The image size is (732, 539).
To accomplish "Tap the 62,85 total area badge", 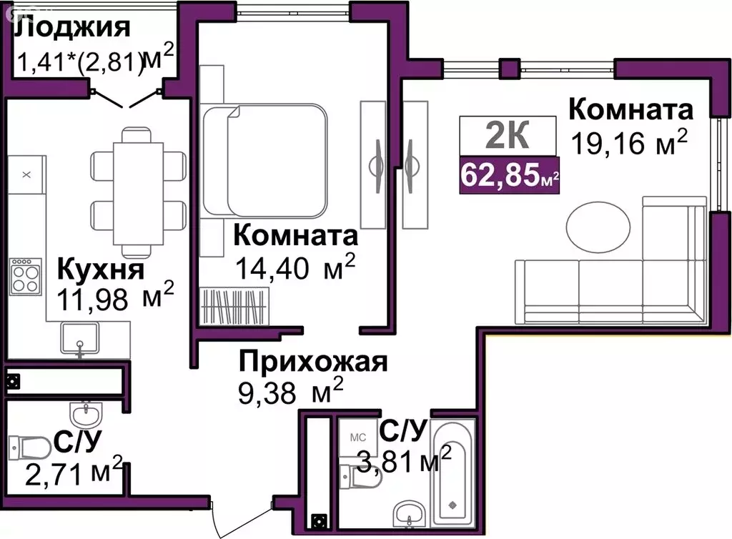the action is click(509, 175).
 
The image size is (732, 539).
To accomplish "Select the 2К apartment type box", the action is click(508, 135).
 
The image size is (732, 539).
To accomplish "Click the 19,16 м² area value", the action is click(629, 142).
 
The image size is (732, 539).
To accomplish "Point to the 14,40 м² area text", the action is click(295, 267).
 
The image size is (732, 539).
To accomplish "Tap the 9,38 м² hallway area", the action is click(290, 391).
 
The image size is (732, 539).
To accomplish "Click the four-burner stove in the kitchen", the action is click(26, 277).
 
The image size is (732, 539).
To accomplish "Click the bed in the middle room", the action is click(264, 161).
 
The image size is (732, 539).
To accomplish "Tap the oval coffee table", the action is click(598, 227).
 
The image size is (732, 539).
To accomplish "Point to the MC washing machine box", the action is click(357, 437).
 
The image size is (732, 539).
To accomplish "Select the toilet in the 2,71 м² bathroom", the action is click(29, 448).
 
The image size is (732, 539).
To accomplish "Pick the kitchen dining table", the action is click(138, 194).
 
